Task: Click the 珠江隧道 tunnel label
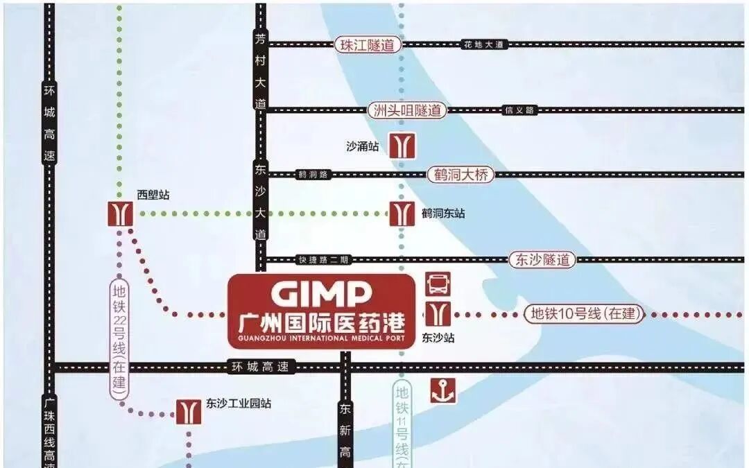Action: pyautogui.click(x=368, y=45)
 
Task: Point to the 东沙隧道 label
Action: pyautogui.click(x=542, y=260)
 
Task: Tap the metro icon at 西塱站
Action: pyautogui.click(x=121, y=213)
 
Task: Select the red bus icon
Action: pyautogui.click(x=438, y=284)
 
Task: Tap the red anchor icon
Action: pyautogui.click(x=441, y=390)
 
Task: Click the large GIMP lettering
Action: pyautogui.click(x=320, y=295)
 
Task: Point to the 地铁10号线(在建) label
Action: pyautogui.click(x=583, y=313)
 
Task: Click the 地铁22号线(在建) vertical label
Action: pyautogui.click(x=119, y=338)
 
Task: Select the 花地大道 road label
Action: pyautogui.click(x=485, y=45)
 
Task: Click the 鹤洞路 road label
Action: pyautogui.click(x=312, y=175)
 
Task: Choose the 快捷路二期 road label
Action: pyautogui.click(x=324, y=260)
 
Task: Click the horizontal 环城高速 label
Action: pyautogui.click(x=261, y=367)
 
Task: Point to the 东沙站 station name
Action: pyautogui.click(x=438, y=338)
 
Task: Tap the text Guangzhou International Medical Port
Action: pyautogui.click(x=320, y=338)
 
